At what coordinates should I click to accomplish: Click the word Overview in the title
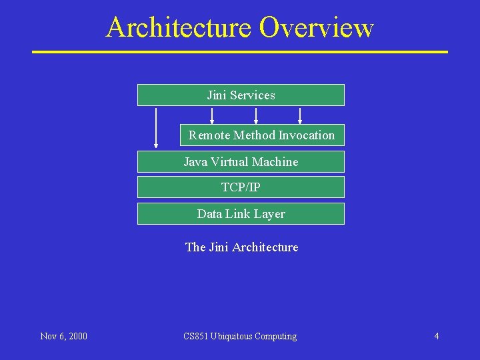click(x=316, y=28)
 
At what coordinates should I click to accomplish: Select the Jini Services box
click(x=241, y=95)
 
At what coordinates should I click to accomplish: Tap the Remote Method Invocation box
click(x=262, y=135)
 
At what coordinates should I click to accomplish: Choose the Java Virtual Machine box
click(x=241, y=162)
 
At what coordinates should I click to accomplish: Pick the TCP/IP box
click(x=241, y=187)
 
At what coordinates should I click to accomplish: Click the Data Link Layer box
click(x=241, y=214)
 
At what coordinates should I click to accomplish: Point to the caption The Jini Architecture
click(x=241, y=247)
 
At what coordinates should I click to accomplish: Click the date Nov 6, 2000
click(x=63, y=336)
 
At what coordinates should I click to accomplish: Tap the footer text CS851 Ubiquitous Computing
click(x=240, y=336)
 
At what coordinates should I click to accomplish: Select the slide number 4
click(x=437, y=336)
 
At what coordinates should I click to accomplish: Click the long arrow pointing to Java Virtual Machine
click(x=156, y=127)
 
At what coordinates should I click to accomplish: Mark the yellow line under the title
click(x=240, y=51)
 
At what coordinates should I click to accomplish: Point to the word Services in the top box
click(x=253, y=95)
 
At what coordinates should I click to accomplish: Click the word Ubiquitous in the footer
click(x=231, y=336)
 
